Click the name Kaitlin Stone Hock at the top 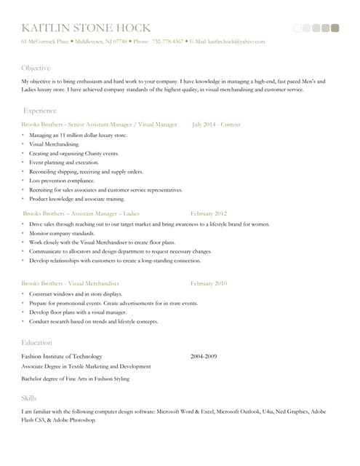[86, 28]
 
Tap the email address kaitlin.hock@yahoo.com [236, 42]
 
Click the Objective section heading [36, 68]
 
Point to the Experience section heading [40, 111]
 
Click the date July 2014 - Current [216, 125]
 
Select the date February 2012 [209, 213]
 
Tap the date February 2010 [209, 283]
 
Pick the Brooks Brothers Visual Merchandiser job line [71, 283]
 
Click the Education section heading [36, 342]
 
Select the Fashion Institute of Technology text [62, 356]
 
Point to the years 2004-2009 [204, 356]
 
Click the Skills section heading [29, 398]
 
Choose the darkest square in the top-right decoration [335, 28]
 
